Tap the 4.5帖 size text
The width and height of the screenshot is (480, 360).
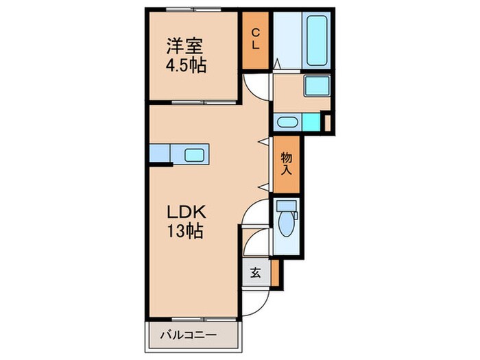tap(186, 67)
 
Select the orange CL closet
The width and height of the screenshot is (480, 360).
tap(255, 40)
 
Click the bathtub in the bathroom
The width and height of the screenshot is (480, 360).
tap(316, 39)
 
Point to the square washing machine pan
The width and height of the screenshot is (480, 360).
tap(317, 87)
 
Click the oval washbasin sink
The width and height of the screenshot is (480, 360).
tap(286, 123)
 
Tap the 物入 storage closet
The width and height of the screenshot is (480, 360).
tap(286, 163)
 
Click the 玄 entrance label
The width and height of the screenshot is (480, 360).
tap(255, 272)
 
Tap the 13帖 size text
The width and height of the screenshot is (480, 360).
tap(185, 232)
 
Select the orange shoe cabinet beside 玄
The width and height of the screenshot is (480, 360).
tap(275, 272)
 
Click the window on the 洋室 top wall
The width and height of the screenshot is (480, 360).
tap(192, 10)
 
